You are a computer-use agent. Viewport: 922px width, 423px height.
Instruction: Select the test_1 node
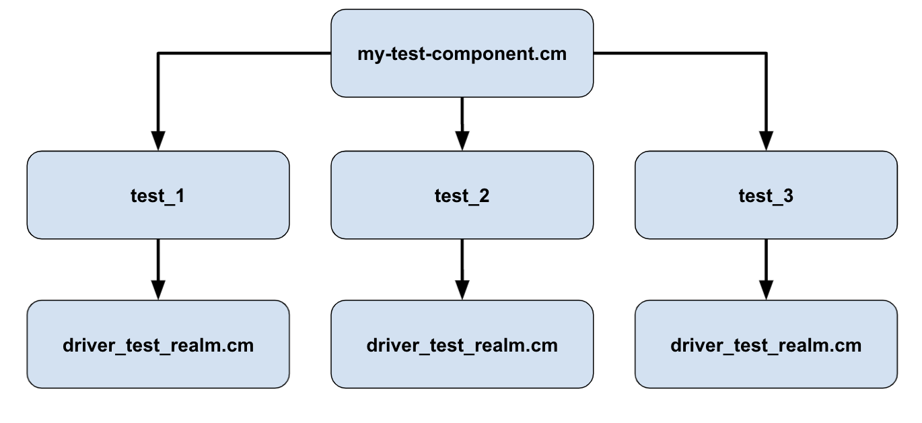158,195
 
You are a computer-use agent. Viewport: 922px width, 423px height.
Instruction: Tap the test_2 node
462,195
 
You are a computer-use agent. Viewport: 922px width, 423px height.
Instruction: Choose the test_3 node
766,195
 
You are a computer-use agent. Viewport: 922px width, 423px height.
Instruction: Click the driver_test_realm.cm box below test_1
158,345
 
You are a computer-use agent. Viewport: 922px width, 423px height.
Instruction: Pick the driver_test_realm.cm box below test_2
462,345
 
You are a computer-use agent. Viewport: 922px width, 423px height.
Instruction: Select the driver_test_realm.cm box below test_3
766,345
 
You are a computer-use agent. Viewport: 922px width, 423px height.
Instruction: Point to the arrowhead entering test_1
158,139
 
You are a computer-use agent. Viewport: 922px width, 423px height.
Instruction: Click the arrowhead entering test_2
462,139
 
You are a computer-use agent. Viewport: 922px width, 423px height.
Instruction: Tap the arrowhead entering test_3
766,139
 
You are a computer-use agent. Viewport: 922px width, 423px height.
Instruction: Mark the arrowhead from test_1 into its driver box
158,288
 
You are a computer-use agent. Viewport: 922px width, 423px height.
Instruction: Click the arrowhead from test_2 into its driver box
462,288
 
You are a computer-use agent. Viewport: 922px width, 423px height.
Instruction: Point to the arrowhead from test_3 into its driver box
766,288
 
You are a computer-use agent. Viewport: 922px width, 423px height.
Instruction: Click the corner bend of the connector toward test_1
158,53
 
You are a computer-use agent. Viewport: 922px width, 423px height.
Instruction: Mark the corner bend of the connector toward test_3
766,53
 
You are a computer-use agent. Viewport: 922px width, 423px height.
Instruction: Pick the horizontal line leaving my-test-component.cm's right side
680,53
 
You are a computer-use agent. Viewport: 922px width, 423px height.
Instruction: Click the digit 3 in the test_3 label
787,196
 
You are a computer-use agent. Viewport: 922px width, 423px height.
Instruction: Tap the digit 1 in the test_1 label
180,196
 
